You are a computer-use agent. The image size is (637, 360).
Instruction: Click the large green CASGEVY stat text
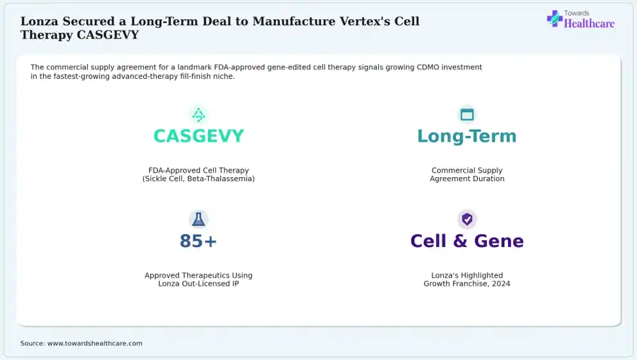(x=198, y=136)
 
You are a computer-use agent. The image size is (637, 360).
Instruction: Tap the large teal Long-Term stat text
(x=467, y=137)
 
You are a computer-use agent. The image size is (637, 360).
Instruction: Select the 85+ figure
(x=198, y=241)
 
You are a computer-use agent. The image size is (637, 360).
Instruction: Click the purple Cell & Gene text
(x=467, y=241)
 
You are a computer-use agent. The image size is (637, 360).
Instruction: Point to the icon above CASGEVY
(x=198, y=115)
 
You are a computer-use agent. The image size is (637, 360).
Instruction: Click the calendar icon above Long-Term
(x=467, y=114)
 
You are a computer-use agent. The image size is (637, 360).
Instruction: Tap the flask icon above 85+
(x=198, y=219)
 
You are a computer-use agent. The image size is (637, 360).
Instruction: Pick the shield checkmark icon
(x=467, y=219)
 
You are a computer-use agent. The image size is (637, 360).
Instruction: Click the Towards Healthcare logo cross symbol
(x=554, y=18)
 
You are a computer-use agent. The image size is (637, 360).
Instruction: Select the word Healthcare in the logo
(x=589, y=24)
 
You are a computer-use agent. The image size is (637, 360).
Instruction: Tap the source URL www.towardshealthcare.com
(x=94, y=343)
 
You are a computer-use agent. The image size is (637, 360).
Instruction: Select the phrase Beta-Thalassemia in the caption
(x=221, y=178)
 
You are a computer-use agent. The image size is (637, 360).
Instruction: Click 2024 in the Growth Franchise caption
(x=501, y=284)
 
